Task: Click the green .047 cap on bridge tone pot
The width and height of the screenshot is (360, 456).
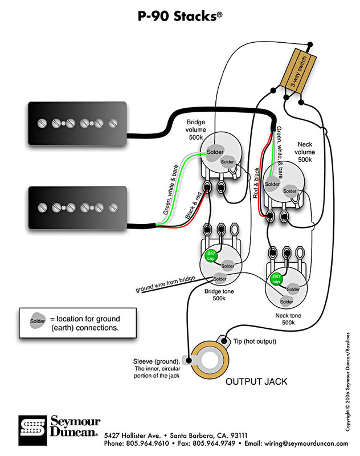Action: pyautogui.click(x=211, y=256)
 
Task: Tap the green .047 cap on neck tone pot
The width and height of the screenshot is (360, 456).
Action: pyautogui.click(x=276, y=279)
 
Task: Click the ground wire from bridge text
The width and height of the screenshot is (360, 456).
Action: pyautogui.click(x=166, y=285)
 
